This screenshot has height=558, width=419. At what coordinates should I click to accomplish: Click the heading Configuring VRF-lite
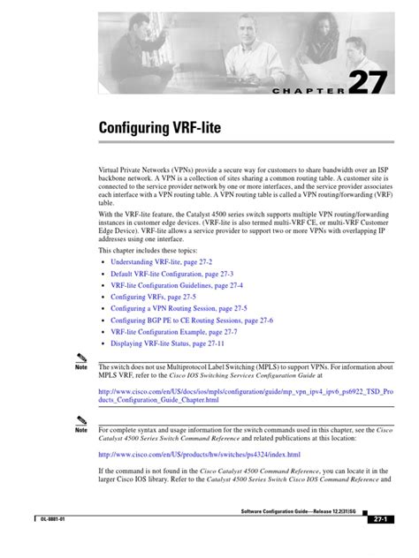click(x=160, y=129)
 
